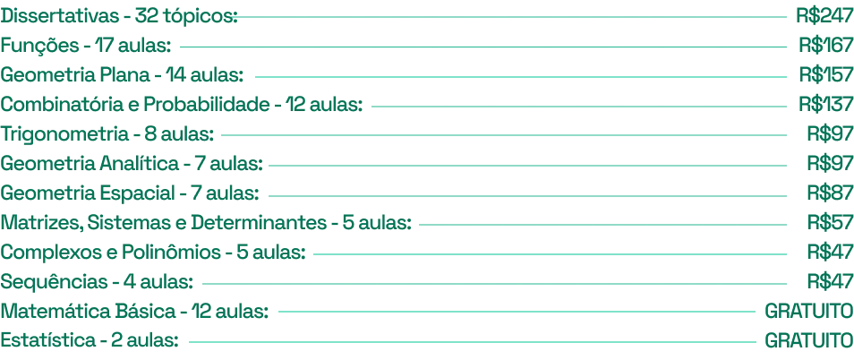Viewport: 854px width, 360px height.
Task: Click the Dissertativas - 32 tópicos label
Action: [119, 17]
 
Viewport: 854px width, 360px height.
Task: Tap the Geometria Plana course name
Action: [121, 76]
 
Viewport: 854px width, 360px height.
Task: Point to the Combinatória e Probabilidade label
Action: [182, 106]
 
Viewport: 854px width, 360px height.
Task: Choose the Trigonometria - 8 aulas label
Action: [107, 135]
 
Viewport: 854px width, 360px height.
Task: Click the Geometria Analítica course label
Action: [131, 165]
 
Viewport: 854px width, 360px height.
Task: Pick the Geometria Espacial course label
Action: [131, 193]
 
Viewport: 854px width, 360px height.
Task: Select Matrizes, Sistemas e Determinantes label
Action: [207, 223]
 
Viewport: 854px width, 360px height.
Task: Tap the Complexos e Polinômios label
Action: [153, 253]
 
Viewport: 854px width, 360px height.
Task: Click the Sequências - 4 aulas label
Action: [96, 282]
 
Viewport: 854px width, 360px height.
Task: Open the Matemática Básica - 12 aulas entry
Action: [134, 312]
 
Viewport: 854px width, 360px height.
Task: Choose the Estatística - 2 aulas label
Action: [90, 341]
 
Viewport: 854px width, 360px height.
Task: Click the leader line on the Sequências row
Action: [501, 282]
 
